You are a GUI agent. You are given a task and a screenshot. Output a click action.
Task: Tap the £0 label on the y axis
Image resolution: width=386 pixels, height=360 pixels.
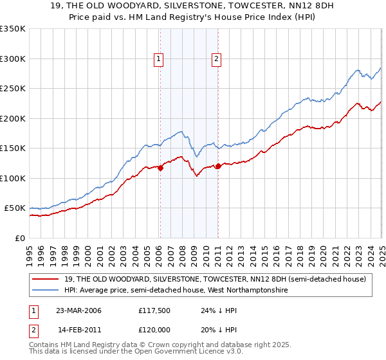tap(20, 238)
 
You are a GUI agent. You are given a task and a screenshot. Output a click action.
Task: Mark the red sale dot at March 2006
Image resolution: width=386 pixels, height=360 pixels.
tap(161, 168)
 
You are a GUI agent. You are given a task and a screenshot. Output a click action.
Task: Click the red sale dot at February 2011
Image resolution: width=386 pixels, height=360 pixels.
tap(218, 166)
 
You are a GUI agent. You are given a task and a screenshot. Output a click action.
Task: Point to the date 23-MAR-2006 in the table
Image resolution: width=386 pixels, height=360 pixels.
tap(79, 310)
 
